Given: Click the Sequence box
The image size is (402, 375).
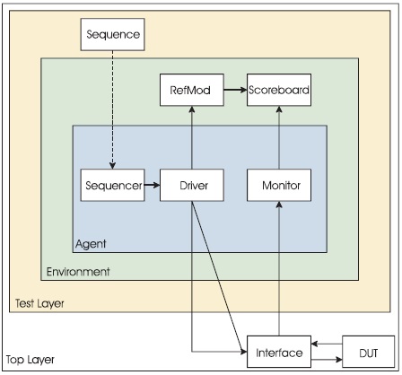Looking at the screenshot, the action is tap(113, 34).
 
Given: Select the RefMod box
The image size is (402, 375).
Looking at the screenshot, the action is tap(192, 90).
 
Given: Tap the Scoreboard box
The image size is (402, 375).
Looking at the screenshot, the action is tap(279, 90).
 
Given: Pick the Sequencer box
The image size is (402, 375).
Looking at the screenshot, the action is tap(113, 185).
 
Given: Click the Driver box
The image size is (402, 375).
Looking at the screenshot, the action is tap(192, 185).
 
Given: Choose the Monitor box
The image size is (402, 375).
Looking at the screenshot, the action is tap(279, 185).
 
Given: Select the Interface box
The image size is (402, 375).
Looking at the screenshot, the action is tap(279, 352).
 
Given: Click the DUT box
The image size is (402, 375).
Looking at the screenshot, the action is tap(369, 352).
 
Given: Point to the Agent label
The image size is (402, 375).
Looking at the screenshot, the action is tap(91, 244).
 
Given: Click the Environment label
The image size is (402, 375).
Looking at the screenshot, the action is tap(78, 272).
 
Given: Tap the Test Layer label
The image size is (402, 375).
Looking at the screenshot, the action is tap(39, 303).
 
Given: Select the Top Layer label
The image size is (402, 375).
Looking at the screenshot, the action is tap(31, 360).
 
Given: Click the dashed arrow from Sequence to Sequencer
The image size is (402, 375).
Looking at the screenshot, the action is tap(112, 109).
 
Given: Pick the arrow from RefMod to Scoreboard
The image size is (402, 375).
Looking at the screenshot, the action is tap(235, 90).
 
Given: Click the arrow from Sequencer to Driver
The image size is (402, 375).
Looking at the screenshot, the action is tap(153, 186).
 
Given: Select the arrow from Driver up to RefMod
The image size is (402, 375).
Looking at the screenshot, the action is tap(192, 137).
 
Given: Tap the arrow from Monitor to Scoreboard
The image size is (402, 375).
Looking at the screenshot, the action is tap(279, 137).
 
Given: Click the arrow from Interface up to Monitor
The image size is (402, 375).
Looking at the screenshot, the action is tap(279, 268).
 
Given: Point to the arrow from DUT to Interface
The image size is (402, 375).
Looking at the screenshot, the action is tap(327, 344).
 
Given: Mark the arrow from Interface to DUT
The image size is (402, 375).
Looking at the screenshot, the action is tap(327, 360).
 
